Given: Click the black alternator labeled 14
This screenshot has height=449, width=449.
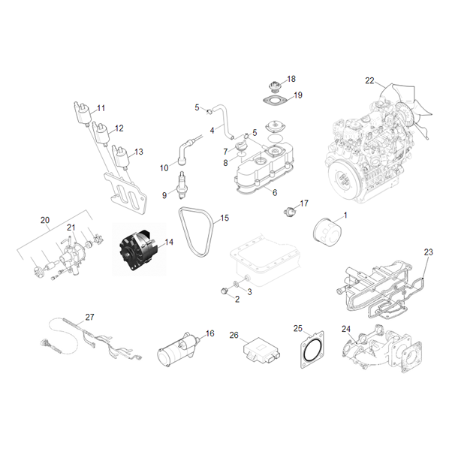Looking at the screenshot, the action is (137, 250).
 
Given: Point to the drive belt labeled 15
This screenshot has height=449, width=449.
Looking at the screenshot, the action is (197, 231).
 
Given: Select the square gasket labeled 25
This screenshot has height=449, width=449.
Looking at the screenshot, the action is (312, 349).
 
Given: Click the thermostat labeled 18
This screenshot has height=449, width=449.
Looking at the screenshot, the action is (276, 86).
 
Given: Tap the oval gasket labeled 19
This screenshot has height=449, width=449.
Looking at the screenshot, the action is (276, 101).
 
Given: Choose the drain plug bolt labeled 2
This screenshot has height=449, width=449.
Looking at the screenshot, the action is (225, 291).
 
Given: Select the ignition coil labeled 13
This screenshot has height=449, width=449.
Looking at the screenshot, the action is (121, 158).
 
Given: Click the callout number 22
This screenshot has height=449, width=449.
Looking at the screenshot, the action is (369, 81).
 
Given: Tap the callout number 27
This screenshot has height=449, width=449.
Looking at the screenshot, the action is (89, 317).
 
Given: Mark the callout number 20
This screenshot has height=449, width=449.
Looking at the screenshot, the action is (45, 220).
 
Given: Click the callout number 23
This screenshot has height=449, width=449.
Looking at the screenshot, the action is (429, 252).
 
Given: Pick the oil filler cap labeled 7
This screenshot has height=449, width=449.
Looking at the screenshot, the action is (240, 146).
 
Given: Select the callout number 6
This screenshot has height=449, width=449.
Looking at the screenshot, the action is (275, 192).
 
